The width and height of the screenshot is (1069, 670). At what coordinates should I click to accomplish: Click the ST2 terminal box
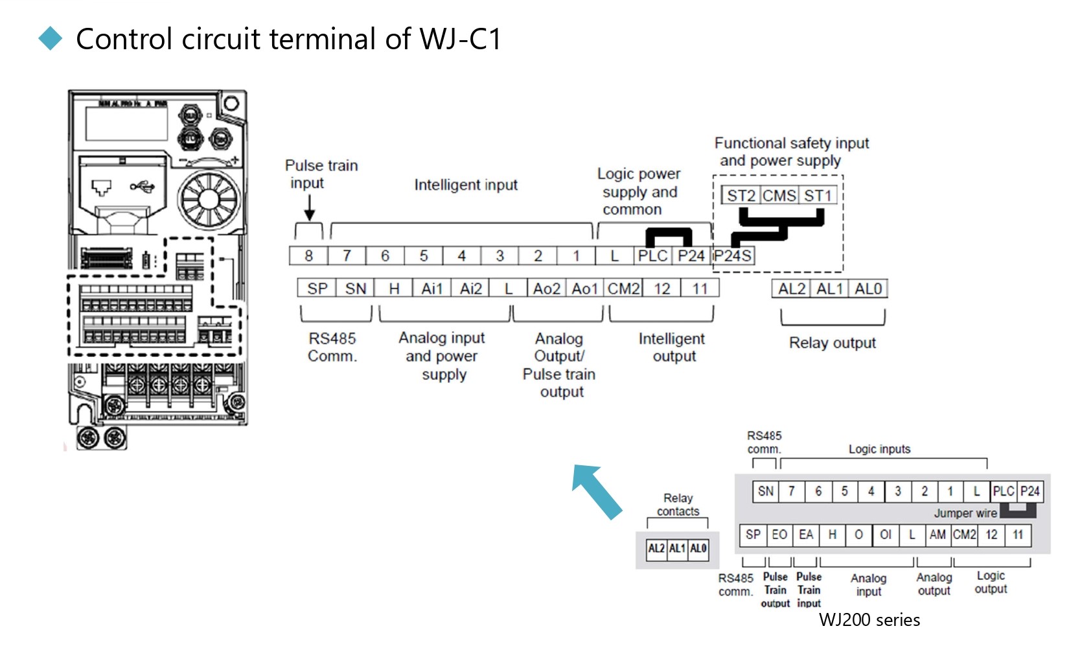(741, 196)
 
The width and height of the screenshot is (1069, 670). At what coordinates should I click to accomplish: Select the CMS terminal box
(779, 196)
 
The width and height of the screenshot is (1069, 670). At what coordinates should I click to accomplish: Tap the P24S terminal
(733, 256)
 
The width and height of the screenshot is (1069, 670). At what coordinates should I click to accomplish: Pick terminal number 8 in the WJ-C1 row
(308, 256)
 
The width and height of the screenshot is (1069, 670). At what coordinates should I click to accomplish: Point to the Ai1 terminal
(431, 288)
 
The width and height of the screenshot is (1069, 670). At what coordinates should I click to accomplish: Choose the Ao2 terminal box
(546, 288)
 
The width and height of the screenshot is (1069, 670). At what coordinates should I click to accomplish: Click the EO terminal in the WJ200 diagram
(779, 535)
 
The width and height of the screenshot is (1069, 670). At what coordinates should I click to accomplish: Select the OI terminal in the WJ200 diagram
(885, 535)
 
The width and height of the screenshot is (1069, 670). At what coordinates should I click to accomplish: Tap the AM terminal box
(937, 535)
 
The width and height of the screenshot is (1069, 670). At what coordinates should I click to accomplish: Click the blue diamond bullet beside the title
(51, 39)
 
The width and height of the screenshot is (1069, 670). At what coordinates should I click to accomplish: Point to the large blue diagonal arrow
(596, 491)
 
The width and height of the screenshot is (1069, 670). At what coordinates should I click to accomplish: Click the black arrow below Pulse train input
(309, 208)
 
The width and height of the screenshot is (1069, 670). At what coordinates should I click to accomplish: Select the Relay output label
(832, 343)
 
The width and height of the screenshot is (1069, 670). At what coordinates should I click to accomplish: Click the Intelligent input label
(466, 185)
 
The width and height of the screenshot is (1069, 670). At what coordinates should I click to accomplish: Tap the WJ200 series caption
(869, 620)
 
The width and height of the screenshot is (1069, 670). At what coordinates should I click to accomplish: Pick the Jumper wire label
(965, 513)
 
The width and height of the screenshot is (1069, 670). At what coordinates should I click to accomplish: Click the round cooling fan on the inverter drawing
(208, 198)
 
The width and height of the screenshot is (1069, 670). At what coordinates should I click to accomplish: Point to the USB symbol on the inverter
(142, 187)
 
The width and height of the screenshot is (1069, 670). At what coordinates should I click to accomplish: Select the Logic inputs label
(879, 449)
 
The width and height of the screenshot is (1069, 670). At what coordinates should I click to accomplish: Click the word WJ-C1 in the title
(460, 39)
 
